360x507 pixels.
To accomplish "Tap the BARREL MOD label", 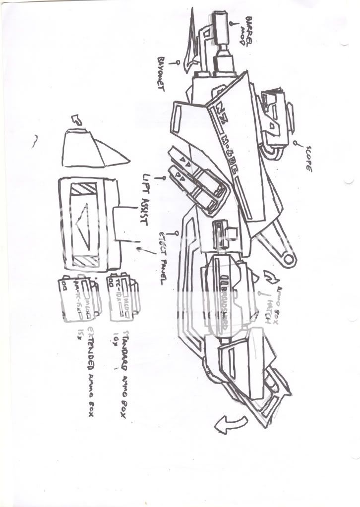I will pyautogui.click(x=246, y=31).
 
